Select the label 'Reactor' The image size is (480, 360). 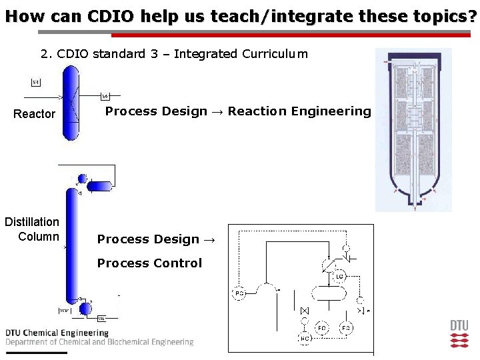35,114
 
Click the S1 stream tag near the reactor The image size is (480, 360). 36,82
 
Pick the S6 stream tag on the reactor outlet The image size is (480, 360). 105,96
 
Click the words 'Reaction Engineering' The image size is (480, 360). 299,111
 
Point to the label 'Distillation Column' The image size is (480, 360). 32,229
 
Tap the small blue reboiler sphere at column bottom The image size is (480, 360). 85,309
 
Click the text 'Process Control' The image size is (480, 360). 149,263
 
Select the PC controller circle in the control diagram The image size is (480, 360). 239,293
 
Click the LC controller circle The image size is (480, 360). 339,277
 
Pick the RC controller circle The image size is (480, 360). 304,339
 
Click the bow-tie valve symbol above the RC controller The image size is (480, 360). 305,311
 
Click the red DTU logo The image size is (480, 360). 459,334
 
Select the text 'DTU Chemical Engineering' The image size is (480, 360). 57,333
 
